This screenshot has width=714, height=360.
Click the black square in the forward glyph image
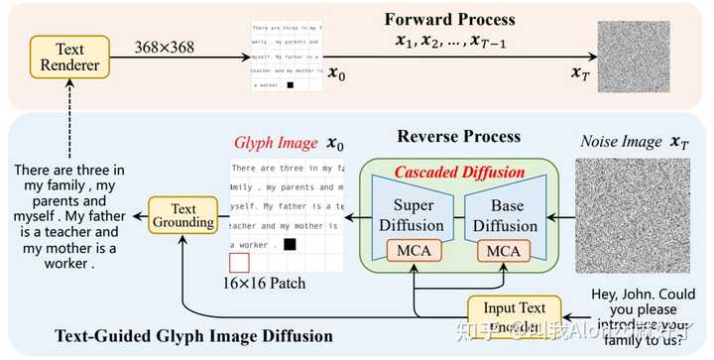[291, 85]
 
